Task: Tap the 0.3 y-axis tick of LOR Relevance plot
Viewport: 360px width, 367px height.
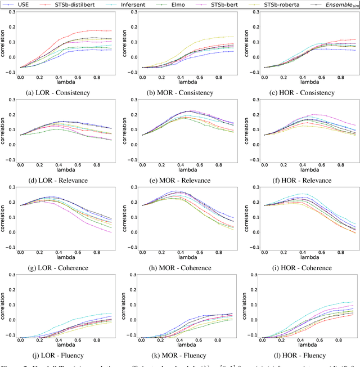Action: (x=12, y=101)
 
